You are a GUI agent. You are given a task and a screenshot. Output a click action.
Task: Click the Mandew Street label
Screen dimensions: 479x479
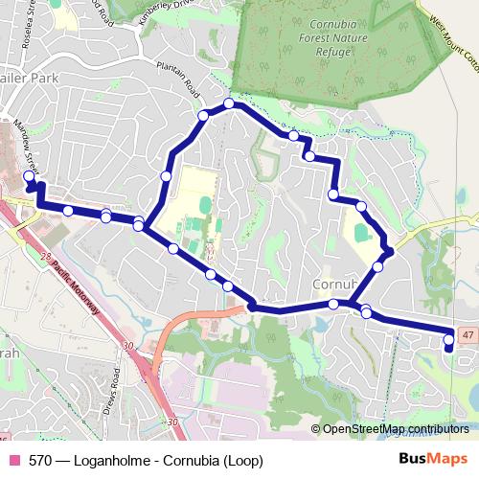tap(25, 143)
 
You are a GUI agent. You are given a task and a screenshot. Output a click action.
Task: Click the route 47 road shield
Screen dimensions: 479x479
tap(466, 332)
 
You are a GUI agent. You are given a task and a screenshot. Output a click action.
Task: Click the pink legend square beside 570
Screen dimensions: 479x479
tap(14, 459)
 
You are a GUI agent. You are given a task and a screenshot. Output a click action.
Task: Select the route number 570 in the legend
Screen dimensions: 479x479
tap(40, 459)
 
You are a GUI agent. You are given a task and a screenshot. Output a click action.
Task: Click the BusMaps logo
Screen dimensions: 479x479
tap(434, 458)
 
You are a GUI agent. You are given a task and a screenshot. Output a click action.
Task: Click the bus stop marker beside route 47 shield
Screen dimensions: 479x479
tap(449, 338)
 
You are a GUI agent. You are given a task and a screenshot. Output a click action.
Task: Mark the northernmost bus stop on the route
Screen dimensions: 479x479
tap(229, 103)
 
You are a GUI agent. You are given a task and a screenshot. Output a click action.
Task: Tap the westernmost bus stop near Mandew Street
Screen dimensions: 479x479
tap(28, 176)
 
